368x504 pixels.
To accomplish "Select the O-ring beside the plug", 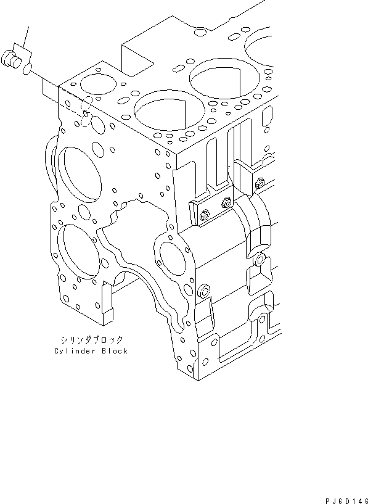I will (27, 69).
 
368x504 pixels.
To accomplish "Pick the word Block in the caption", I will (115, 351).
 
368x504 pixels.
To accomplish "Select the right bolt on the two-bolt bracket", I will (227, 202).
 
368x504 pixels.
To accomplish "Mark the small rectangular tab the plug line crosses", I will (51, 90).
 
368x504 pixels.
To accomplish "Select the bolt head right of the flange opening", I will (204, 289).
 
